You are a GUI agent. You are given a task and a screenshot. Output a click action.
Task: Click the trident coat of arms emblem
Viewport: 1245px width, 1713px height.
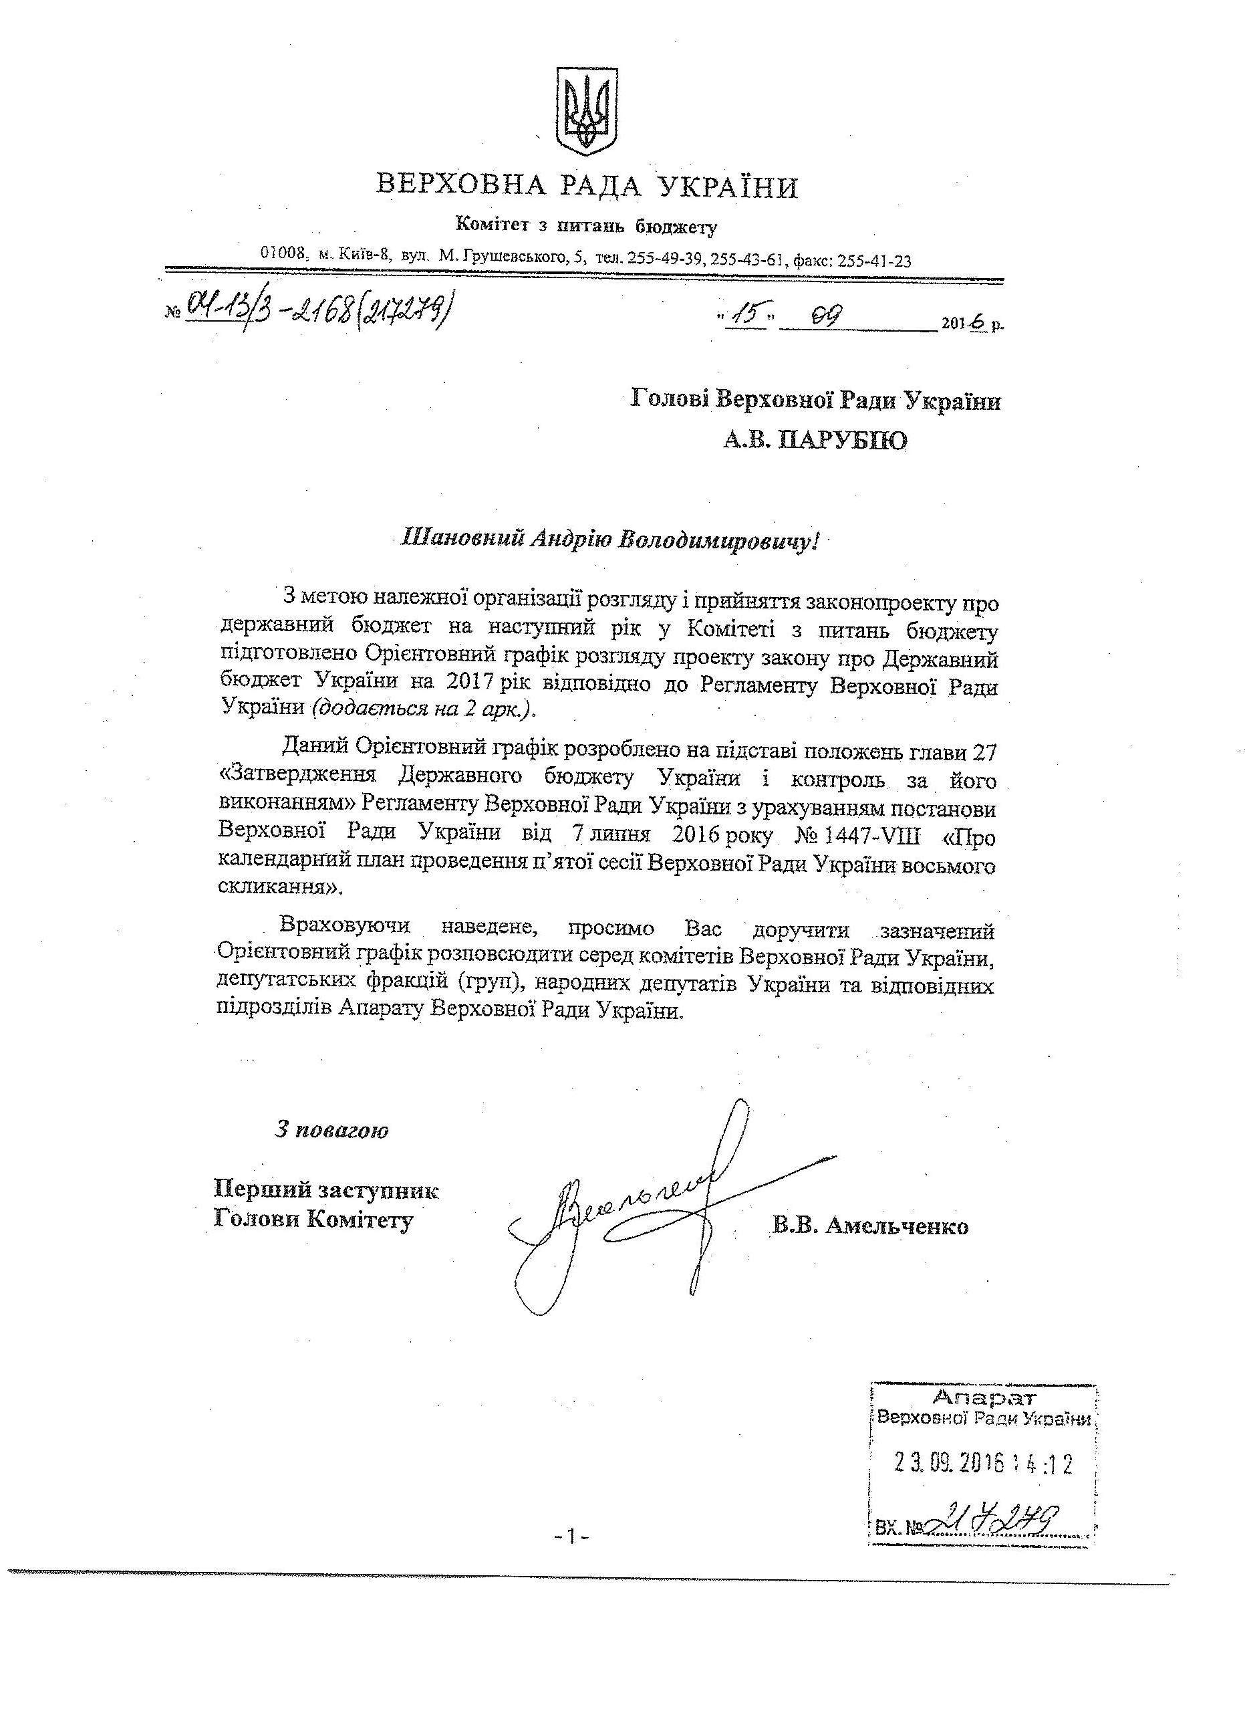point(587,112)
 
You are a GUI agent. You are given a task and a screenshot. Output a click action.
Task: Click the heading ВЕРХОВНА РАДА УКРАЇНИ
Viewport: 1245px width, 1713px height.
point(587,186)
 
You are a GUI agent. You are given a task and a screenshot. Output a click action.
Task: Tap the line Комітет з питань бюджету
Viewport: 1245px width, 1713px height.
point(586,225)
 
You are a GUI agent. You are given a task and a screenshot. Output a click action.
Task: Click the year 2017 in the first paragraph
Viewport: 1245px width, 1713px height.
point(470,687)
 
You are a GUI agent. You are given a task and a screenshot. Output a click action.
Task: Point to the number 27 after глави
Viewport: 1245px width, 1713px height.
point(985,750)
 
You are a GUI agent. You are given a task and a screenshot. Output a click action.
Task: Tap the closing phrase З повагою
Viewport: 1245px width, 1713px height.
point(331,1130)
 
